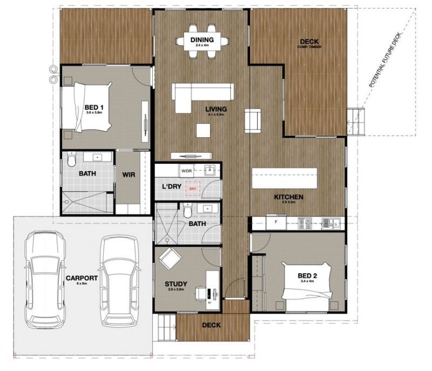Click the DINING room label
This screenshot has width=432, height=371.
202,40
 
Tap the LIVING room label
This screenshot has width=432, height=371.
215,110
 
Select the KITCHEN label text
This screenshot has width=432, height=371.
288,197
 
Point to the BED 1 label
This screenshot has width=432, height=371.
94,107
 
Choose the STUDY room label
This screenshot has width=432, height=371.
175,284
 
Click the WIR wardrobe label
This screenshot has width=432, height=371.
129,174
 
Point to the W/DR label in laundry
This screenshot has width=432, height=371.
186,171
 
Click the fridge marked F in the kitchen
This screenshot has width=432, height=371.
276,221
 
